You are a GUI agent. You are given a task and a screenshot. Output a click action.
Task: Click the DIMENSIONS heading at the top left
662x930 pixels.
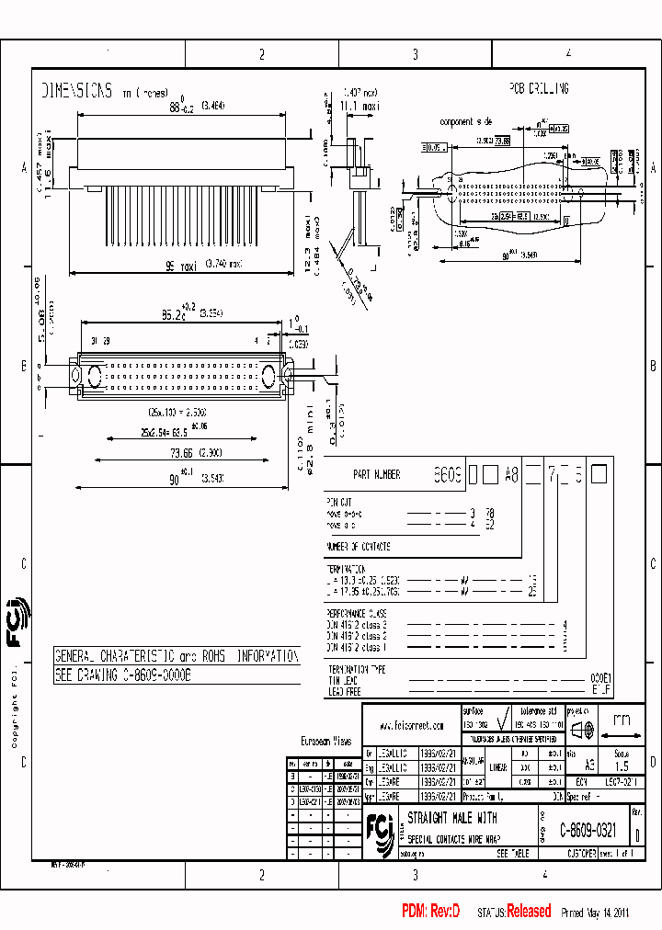point(77,91)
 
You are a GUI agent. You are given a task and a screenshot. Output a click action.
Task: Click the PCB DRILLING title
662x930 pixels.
point(539,88)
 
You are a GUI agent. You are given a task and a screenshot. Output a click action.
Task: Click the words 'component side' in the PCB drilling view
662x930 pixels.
point(466,121)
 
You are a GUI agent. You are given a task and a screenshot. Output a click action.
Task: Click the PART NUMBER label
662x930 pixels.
point(376,475)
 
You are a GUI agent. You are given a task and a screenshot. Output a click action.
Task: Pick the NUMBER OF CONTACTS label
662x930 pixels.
point(359,547)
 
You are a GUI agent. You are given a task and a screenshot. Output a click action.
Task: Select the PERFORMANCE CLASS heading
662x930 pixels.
point(357,613)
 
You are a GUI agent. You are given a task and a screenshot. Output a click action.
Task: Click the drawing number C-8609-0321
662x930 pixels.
point(588,828)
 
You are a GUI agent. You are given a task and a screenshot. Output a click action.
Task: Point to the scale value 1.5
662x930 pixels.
point(621,766)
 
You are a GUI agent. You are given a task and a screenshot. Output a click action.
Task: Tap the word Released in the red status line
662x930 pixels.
point(529,912)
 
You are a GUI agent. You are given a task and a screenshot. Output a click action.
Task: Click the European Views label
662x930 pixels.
point(326,740)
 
